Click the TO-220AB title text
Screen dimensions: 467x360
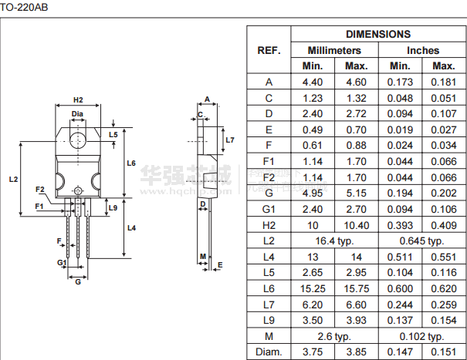24,7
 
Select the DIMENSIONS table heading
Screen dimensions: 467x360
378,34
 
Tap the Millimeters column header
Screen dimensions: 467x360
334,50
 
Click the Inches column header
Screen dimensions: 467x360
423,50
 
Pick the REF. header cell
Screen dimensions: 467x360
269,50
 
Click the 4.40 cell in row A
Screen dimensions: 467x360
313,82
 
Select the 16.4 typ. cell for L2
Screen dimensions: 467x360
334,241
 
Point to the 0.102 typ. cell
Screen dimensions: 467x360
421,337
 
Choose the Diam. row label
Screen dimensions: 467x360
269,352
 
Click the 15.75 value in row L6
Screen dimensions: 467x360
357,289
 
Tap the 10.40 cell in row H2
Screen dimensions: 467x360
357,226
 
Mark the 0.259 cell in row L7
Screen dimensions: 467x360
444,304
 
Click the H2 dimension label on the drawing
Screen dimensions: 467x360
78,100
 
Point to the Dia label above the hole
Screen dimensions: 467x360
77,114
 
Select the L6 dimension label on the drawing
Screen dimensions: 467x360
131,163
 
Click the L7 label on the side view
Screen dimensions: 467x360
230,140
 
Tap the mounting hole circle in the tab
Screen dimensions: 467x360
78,132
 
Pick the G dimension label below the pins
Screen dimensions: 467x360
78,281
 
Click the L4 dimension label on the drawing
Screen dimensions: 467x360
131,228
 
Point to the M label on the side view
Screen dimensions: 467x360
203,257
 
